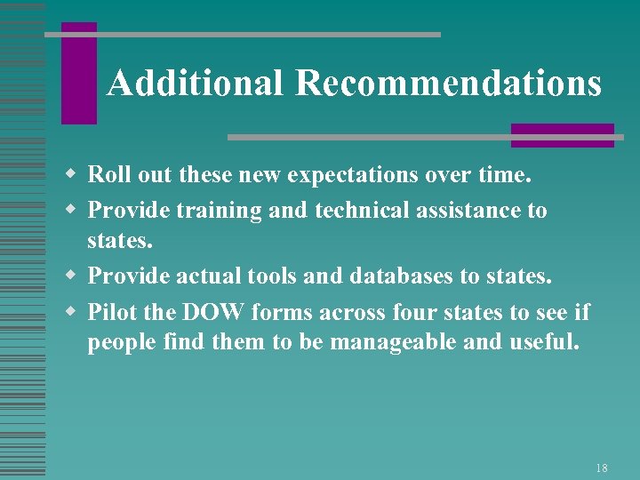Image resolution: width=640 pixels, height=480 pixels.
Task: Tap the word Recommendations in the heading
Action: point(449,84)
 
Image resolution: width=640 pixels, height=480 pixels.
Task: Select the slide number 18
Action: point(602,468)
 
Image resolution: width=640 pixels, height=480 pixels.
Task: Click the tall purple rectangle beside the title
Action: point(78,73)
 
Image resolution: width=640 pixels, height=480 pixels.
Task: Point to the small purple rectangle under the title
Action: point(562,135)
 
